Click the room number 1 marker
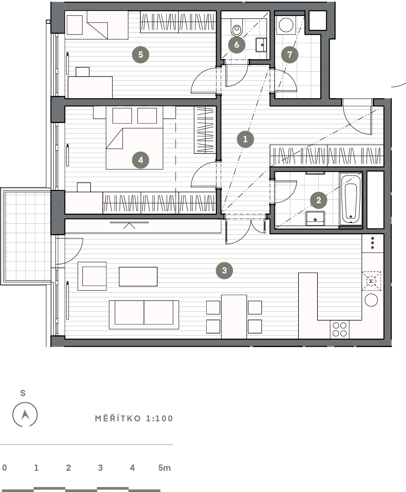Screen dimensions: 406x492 click(245, 139)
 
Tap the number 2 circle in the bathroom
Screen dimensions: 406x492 click(318, 200)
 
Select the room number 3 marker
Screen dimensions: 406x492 click(224, 271)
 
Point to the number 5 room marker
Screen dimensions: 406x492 click(141, 55)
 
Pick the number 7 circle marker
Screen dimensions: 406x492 click(290, 55)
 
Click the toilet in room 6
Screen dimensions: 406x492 click(237, 27)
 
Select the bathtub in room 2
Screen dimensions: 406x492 click(351, 198)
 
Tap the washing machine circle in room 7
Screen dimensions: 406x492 click(286, 25)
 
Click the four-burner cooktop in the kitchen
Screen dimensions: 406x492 click(340, 330)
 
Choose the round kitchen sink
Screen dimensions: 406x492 click(371, 300)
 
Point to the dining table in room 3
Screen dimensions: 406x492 click(234, 317)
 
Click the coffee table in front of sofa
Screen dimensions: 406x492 click(138, 277)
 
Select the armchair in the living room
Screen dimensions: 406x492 click(92, 276)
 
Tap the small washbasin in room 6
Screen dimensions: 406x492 click(261, 45)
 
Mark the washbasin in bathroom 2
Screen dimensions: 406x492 click(315, 218)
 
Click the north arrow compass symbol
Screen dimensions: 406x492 click(25, 414)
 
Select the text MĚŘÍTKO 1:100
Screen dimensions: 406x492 click(134, 418)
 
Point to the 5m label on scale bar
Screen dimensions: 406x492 click(164, 468)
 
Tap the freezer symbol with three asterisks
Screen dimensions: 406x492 click(372, 243)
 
